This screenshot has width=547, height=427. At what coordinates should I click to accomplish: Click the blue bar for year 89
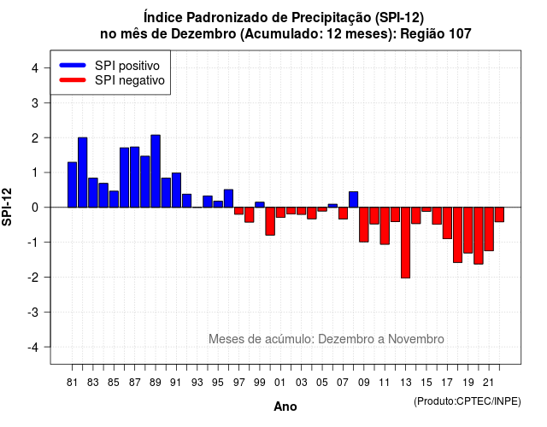pyautogui.click(x=156, y=171)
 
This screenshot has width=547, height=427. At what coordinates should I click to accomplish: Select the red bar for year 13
pyautogui.click(x=405, y=243)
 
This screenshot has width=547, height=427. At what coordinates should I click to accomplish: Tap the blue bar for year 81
pyautogui.click(x=72, y=184)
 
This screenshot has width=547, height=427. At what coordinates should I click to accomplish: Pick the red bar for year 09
pyautogui.click(x=364, y=225)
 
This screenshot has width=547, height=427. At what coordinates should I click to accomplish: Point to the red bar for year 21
pyautogui.click(x=489, y=229)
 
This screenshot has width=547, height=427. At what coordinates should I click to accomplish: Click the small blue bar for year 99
pyautogui.click(x=260, y=205)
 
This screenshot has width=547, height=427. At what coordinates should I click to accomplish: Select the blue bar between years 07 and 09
pyautogui.click(x=353, y=199)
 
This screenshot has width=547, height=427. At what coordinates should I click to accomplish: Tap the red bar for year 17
pyautogui.click(x=447, y=223)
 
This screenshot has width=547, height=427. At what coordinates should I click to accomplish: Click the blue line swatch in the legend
pyautogui.click(x=73, y=65)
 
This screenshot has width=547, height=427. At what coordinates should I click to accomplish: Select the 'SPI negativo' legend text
pyautogui.click(x=130, y=80)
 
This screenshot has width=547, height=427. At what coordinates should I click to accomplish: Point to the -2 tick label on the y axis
pyautogui.click(x=33, y=277)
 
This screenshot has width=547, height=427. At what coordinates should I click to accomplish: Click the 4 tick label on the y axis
pyautogui.click(x=35, y=68)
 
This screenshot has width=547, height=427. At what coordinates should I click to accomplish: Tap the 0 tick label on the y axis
pyautogui.click(x=35, y=208)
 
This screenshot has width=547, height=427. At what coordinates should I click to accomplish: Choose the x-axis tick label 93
pyautogui.click(x=197, y=383)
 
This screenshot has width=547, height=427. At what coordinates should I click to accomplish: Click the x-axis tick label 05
pyautogui.click(x=322, y=383)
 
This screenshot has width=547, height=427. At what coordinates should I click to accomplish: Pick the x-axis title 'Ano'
pyautogui.click(x=285, y=407)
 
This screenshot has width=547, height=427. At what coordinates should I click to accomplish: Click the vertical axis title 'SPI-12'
pyautogui.click(x=7, y=207)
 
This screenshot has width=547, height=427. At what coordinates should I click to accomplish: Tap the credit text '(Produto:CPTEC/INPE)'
pyautogui.click(x=468, y=401)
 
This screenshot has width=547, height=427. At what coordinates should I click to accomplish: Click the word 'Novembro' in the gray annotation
pyautogui.click(x=416, y=339)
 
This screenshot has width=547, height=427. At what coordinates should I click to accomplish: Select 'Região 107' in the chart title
pyautogui.click(x=436, y=34)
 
